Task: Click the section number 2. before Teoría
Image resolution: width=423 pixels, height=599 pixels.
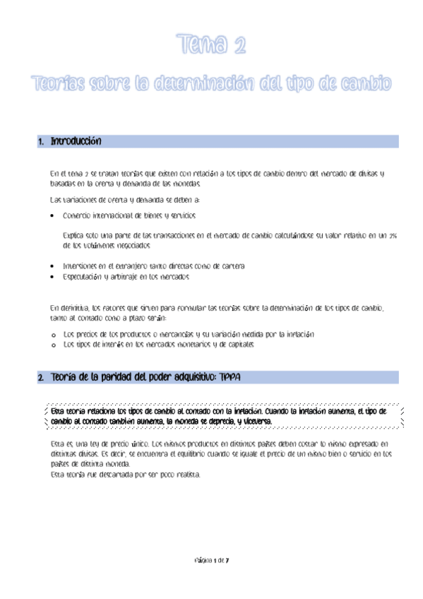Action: pyautogui.click(x=41, y=377)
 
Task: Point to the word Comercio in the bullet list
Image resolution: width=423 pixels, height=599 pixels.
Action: pyautogui.click(x=76, y=215)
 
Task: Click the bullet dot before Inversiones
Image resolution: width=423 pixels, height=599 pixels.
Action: pyautogui.click(x=54, y=266)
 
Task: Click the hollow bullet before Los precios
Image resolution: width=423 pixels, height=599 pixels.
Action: pyautogui.click(x=54, y=333)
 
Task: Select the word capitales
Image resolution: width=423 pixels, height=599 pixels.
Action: pyautogui.click(x=238, y=345)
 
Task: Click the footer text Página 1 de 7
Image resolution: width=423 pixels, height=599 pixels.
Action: pyautogui.click(x=211, y=558)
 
